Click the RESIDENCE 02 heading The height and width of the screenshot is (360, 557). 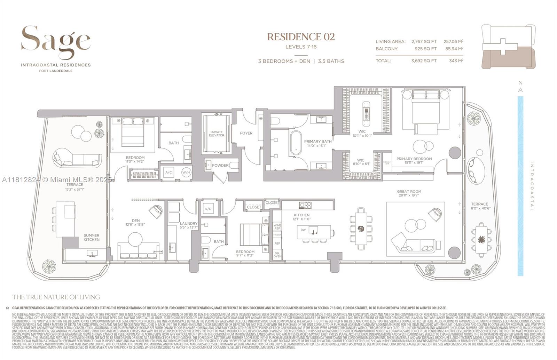click(301, 37)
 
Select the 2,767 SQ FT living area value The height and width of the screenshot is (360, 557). click(424, 41)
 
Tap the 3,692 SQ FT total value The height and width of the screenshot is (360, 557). click(424, 61)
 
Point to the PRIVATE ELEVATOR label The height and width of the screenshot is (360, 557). click(217, 134)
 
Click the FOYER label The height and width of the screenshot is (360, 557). click(246, 133)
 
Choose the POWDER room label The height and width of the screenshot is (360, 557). click(220, 165)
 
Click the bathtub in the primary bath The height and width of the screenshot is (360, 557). click(296, 143)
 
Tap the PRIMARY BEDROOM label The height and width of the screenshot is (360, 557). click(414, 159)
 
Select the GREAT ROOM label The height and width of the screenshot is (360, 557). click(409, 191)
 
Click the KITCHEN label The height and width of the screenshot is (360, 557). click(301, 215)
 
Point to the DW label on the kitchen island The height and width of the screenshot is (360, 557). click(303, 230)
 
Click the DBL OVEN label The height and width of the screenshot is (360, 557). click(277, 254)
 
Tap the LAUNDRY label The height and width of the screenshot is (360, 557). click(189, 223)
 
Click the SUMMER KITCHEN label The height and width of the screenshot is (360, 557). click(92, 238)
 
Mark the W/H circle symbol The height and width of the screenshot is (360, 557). click(186, 173)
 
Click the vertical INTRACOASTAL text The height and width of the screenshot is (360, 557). click(532, 186)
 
